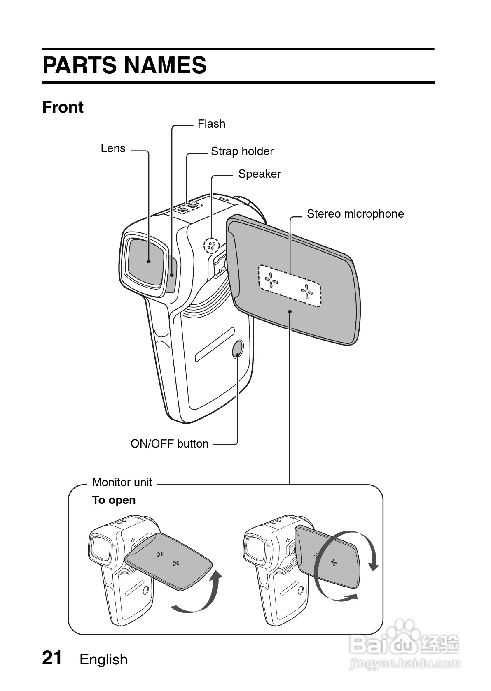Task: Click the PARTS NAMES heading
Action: click(x=124, y=65)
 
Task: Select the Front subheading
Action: click(x=63, y=107)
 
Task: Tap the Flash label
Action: click(x=211, y=124)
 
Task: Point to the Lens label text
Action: click(x=113, y=148)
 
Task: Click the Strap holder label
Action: click(x=242, y=151)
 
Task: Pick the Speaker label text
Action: click(x=259, y=174)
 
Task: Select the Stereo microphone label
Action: click(x=355, y=214)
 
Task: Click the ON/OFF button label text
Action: click(x=169, y=444)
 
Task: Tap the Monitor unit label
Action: click(x=122, y=482)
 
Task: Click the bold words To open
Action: click(x=114, y=500)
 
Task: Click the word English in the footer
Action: click(x=103, y=660)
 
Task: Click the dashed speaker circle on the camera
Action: click(x=211, y=246)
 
